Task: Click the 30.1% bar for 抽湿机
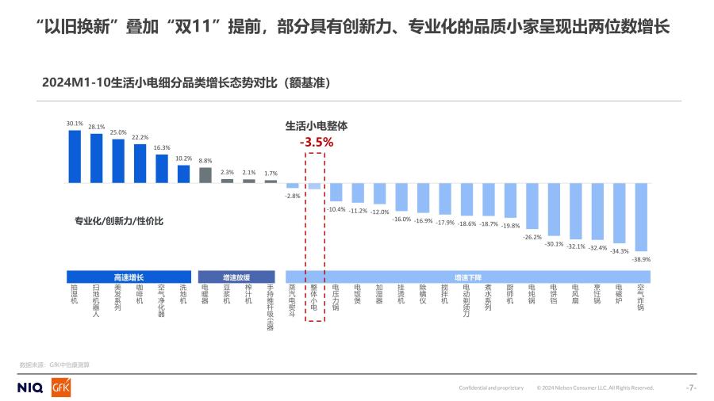75,156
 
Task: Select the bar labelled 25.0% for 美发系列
118,161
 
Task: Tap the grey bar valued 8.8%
205,175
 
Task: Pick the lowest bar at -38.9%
641,217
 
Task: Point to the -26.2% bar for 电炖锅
532,206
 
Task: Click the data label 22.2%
140,137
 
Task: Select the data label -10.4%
336,209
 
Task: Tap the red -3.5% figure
316,143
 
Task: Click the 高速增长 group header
129,277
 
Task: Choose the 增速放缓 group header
236,277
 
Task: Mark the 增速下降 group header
467,277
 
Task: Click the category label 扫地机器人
96,300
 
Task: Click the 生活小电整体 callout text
317,125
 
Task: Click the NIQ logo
29,388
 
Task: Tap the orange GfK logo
61,387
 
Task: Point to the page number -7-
690,388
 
